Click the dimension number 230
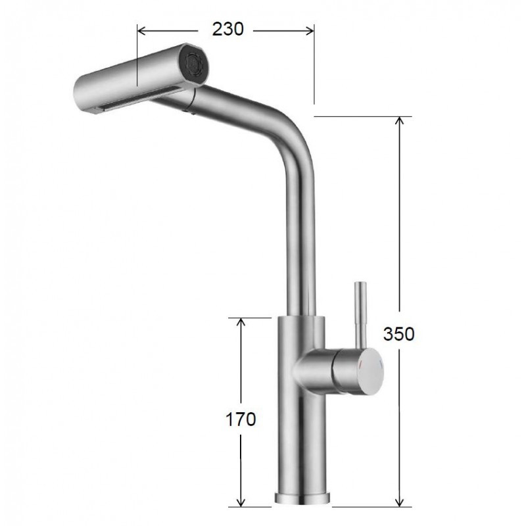227,30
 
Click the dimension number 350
399,334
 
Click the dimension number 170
241,419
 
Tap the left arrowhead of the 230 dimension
141,30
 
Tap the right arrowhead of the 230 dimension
310,30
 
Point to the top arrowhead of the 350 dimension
399,121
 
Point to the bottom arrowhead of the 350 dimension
399,502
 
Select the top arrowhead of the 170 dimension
241,322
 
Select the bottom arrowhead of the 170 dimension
241,502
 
